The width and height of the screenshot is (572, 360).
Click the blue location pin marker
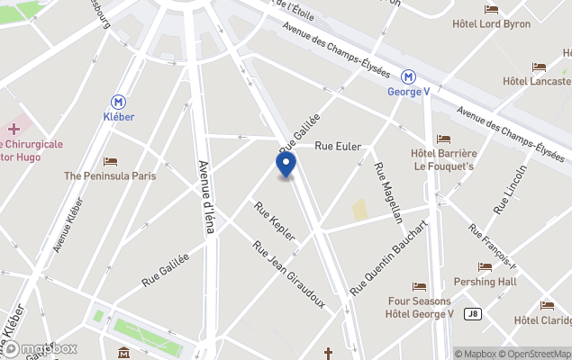[x=285, y=165]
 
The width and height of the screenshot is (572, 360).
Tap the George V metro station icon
[x=408, y=77]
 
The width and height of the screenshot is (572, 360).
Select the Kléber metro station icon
[x=119, y=103]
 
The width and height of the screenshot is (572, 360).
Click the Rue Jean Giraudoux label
[x=288, y=273]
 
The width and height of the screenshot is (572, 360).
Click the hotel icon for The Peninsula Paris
[x=110, y=162]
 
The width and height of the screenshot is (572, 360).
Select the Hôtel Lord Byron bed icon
[x=491, y=10]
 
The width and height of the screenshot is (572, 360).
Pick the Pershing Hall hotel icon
[x=486, y=267]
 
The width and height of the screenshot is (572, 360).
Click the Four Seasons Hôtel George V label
[x=421, y=308]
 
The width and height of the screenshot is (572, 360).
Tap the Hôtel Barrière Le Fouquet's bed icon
[x=443, y=139]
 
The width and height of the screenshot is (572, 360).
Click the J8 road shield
[x=472, y=314]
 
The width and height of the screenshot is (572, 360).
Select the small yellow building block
[x=360, y=211]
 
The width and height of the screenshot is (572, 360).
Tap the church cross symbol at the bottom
[x=329, y=353]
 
